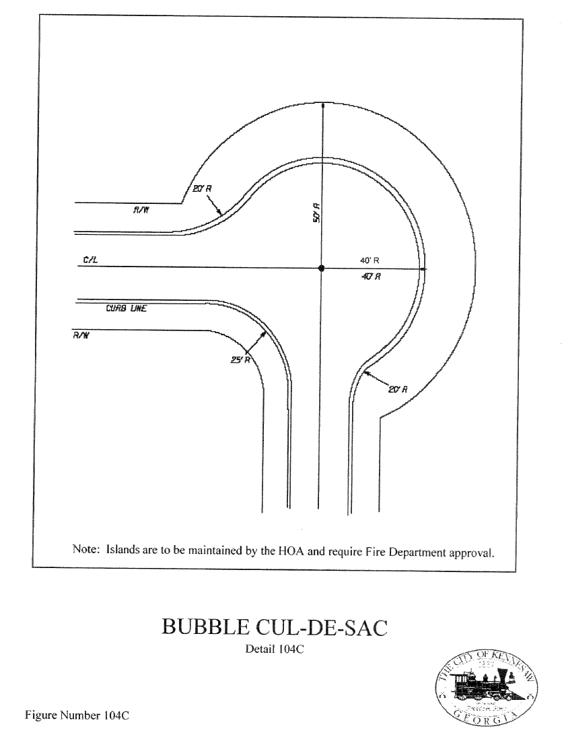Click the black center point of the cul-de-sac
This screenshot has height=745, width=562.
pyautogui.click(x=321, y=268)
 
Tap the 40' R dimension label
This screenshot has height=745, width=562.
pyautogui.click(x=370, y=259)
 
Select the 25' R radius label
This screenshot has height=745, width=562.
pyautogui.click(x=241, y=360)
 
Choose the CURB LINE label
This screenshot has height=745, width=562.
pyautogui.click(x=126, y=310)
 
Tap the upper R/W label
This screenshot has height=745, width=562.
pyautogui.click(x=141, y=210)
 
